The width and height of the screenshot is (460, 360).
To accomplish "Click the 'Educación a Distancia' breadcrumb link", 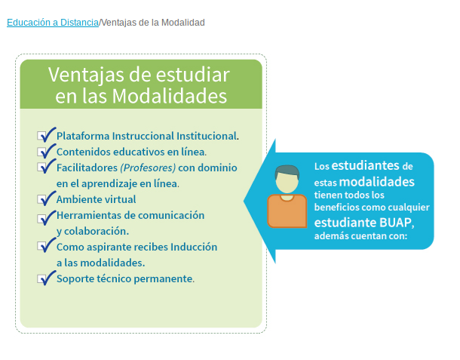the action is point(53,23).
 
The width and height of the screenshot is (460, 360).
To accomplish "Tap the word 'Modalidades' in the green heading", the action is point(170,96).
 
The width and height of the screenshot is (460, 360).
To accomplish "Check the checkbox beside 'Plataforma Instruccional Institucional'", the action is point(41,136).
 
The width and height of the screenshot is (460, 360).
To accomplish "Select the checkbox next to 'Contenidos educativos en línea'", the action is point(41,152).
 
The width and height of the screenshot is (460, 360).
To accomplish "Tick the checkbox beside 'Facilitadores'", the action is point(41,167).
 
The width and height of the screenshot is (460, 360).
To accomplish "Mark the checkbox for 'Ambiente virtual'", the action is point(41,199).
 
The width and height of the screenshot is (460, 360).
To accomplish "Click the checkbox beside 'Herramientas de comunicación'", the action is point(41,219).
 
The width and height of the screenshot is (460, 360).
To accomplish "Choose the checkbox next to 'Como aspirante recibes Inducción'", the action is point(41,246).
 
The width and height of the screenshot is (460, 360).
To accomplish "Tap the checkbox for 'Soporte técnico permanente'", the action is point(41,278).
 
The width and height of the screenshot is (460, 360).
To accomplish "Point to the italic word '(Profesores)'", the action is point(148,168).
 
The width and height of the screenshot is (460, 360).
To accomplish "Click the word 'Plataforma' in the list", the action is point(83,136).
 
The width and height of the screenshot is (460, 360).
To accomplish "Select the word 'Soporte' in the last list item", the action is point(75,279).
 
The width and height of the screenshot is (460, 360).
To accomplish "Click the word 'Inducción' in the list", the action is point(194,247).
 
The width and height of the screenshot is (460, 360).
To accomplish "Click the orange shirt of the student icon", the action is point(287,211).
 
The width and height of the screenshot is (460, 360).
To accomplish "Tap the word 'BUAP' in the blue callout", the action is point(395,223).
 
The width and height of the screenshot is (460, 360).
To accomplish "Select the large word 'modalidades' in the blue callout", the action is point(377,182).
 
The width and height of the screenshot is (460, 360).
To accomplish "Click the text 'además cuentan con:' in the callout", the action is point(361,236).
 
